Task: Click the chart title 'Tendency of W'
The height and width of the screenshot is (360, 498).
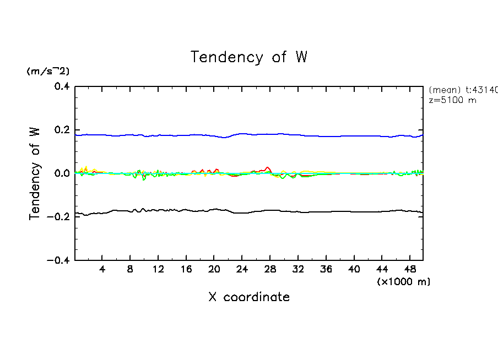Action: (x=248, y=57)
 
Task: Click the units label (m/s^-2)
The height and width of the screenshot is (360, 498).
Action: (x=48, y=71)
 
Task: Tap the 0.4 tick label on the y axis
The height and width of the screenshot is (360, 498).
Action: (x=61, y=86)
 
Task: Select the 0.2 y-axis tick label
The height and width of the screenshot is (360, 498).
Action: (x=61, y=130)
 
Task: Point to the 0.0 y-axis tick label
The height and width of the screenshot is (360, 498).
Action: (x=61, y=173)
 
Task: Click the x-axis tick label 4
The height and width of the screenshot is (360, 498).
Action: (x=102, y=270)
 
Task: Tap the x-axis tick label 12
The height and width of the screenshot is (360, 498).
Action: (x=158, y=270)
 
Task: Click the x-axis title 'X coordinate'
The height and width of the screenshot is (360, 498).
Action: (x=249, y=297)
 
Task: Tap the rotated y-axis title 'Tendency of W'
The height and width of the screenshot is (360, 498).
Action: (x=35, y=173)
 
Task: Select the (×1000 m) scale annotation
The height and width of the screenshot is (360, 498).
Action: (x=404, y=282)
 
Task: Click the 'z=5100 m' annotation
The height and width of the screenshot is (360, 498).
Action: (x=452, y=100)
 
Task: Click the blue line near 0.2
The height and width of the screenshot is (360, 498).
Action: (x=165, y=135)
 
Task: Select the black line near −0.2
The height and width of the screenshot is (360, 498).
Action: (x=165, y=210)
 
